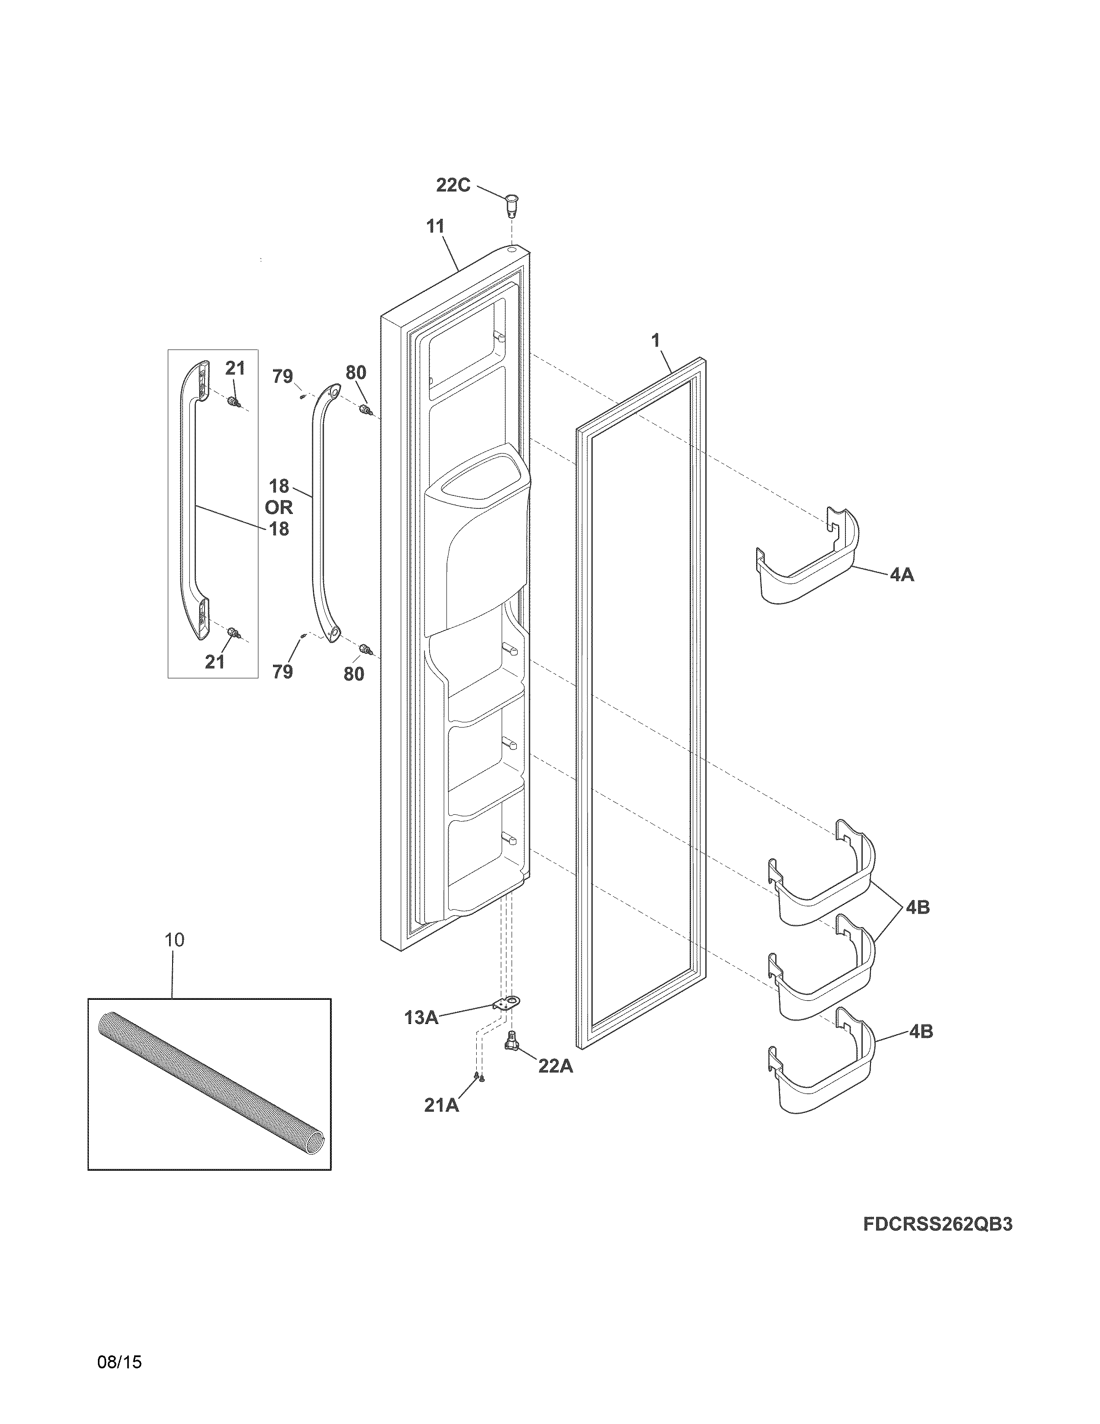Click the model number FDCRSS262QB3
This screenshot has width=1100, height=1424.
pyautogui.click(x=938, y=1225)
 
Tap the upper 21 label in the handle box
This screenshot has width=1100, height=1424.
pyautogui.click(x=235, y=369)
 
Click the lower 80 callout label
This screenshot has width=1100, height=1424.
pyautogui.click(x=354, y=674)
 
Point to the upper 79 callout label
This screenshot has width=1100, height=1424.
pyautogui.click(x=282, y=376)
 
